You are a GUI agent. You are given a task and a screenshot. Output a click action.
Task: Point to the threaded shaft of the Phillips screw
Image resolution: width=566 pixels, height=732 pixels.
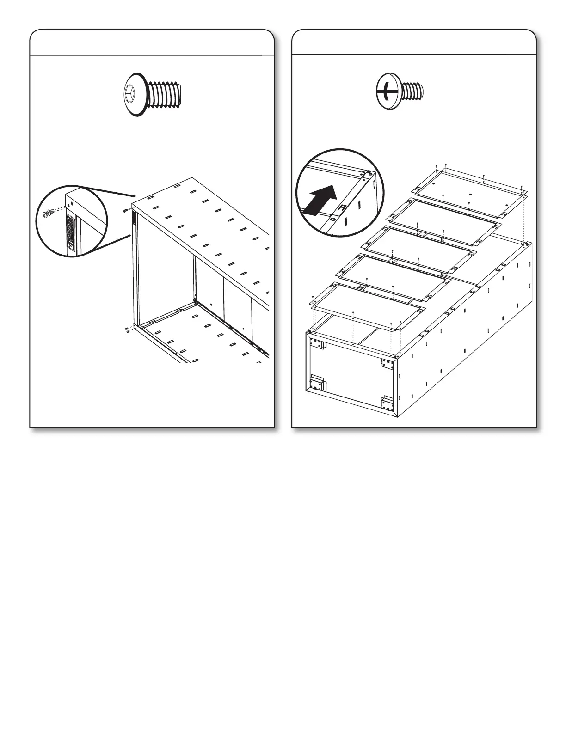[412, 91]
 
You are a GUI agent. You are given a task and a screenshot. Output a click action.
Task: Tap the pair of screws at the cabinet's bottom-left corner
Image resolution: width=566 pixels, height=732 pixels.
[128, 329]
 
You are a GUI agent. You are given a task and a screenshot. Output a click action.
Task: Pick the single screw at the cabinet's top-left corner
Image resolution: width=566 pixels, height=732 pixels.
[126, 211]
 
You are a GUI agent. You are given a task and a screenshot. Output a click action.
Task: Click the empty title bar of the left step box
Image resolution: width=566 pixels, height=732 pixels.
[152, 42]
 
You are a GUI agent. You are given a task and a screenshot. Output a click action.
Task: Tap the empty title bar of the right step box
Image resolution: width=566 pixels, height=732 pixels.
[413, 42]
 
